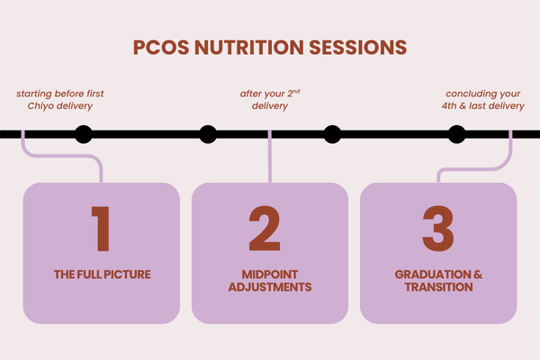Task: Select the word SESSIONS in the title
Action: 357,46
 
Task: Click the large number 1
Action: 100,229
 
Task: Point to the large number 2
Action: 269,229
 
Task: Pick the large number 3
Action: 438,229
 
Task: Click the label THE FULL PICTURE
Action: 100,274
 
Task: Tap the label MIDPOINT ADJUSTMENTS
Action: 269,281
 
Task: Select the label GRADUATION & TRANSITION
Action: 438,281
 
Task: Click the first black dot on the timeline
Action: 83,135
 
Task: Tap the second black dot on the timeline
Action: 208,135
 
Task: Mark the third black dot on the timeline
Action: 332,135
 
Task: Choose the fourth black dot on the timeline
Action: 456,135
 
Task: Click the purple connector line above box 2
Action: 269,162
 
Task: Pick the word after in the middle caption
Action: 250,93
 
